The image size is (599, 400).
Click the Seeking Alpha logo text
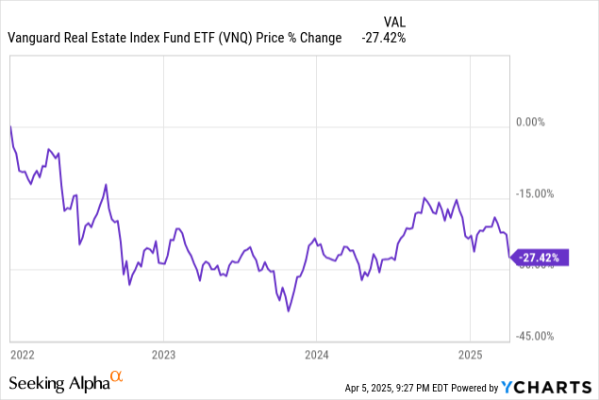[58, 383]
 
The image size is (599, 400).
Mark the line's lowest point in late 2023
[289, 310]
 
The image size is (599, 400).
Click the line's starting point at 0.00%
[10, 125]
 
